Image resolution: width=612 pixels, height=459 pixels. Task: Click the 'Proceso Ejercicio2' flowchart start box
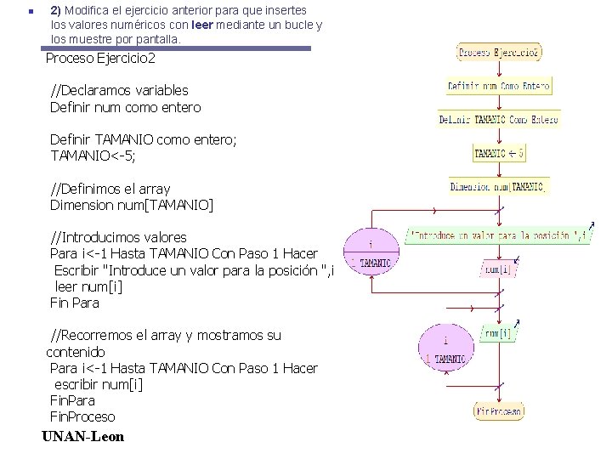click(499, 52)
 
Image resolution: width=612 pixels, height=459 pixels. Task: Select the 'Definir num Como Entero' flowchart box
click(499, 86)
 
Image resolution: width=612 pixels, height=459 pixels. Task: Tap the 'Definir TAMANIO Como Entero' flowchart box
click(499, 120)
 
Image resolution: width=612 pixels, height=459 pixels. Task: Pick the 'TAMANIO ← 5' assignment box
click(499, 154)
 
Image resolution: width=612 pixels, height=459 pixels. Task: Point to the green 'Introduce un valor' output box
click(498, 235)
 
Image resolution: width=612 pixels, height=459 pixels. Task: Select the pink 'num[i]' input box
click(498, 269)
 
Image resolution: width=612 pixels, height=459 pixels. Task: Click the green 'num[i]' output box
click(498, 334)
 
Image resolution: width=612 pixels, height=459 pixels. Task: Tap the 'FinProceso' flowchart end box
click(499, 411)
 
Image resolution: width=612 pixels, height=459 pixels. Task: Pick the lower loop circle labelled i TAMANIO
click(444, 349)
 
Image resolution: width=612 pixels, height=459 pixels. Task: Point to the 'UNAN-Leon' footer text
click(82, 437)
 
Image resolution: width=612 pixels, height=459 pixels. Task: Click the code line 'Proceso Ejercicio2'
click(100, 59)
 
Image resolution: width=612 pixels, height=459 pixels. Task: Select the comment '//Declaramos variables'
click(119, 90)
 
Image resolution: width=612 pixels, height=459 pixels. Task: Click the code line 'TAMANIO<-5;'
click(93, 156)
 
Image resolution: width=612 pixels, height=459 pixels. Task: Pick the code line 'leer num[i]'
click(88, 286)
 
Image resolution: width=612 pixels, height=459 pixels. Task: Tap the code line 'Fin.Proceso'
click(82, 416)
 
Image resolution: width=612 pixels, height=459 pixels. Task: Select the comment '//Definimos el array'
click(110, 189)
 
